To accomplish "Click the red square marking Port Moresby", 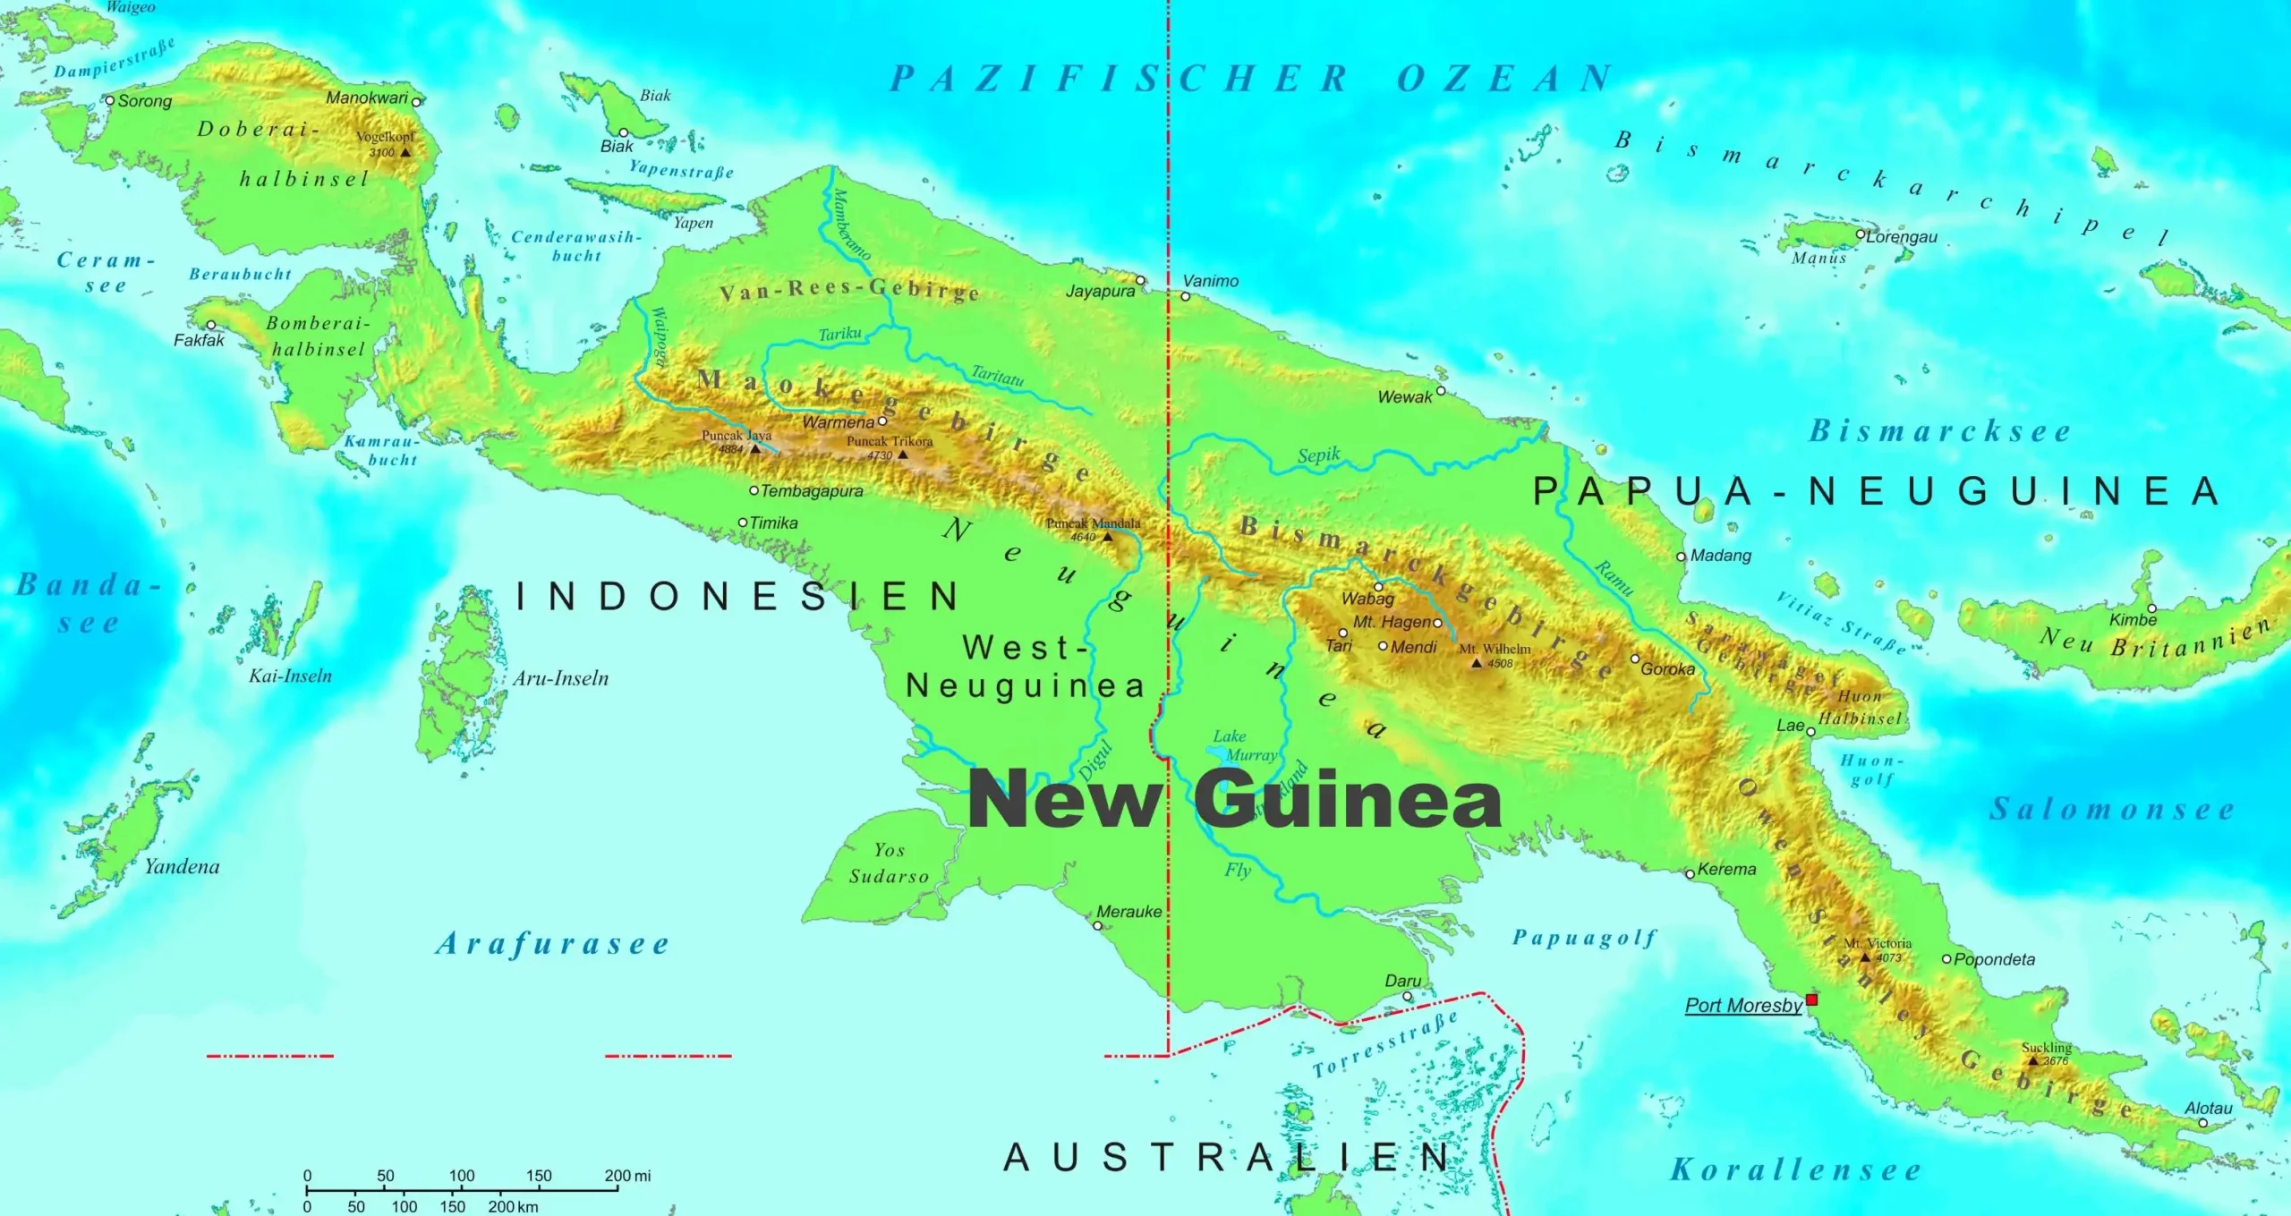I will [1811, 999].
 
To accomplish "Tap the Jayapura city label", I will [1100, 291].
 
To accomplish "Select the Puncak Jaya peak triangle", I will [755, 448].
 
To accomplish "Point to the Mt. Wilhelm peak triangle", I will [1477, 663].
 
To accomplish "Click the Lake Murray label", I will [1244, 745].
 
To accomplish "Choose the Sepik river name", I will [1319, 455].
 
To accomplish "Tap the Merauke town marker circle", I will [1098, 926].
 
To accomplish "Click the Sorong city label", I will [144, 101].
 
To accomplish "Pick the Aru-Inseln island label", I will [560, 678].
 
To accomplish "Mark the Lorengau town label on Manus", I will [1902, 237].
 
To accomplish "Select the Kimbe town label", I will [2133, 620].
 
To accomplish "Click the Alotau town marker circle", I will [2202, 1123].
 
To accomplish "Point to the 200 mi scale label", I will [627, 1176].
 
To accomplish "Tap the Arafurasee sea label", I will [552, 944].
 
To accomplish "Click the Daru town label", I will [1402, 981].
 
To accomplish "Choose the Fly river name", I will [1238, 870].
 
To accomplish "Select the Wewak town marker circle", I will [1441, 391].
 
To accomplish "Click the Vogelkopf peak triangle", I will [405, 152].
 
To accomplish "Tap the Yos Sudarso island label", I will [889, 863].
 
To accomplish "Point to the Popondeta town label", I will [1994, 959].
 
